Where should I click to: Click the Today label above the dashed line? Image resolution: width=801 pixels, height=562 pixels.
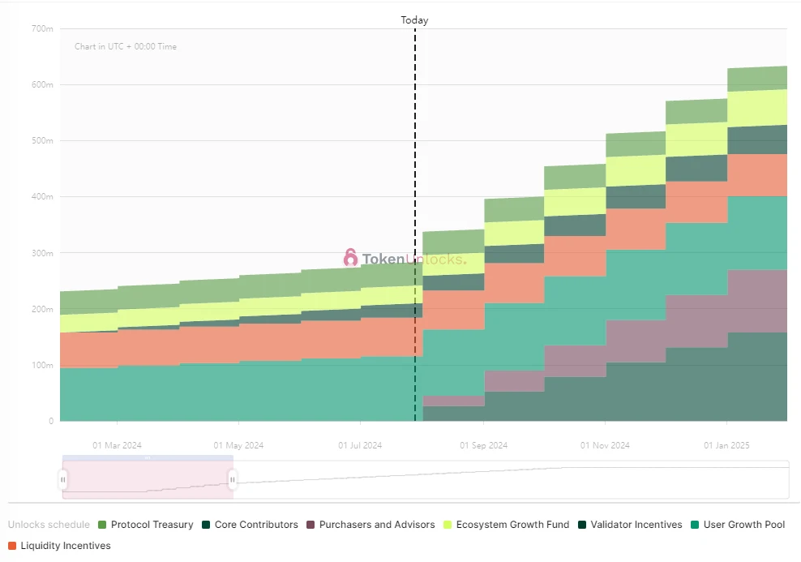click(414, 20)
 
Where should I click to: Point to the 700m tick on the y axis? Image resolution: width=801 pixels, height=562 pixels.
click(42, 29)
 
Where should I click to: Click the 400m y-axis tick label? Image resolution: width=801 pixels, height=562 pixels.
click(42, 197)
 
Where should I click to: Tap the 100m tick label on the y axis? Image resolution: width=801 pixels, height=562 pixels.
click(42, 365)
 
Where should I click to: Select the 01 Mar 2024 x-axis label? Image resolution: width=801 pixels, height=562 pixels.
click(117, 445)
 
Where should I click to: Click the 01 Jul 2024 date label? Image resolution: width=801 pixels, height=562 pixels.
click(360, 445)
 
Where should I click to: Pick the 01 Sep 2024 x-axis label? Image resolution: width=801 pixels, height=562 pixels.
click(483, 445)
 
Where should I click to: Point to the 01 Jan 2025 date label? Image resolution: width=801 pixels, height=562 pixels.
click(727, 445)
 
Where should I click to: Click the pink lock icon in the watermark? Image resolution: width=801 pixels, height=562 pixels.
click(350, 258)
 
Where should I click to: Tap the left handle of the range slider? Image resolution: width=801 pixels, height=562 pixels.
click(63, 480)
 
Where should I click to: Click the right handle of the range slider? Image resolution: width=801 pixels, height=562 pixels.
click(233, 480)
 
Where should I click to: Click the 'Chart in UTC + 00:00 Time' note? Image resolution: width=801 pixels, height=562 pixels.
click(126, 47)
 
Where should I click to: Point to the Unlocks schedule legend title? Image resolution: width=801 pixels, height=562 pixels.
click(49, 525)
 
